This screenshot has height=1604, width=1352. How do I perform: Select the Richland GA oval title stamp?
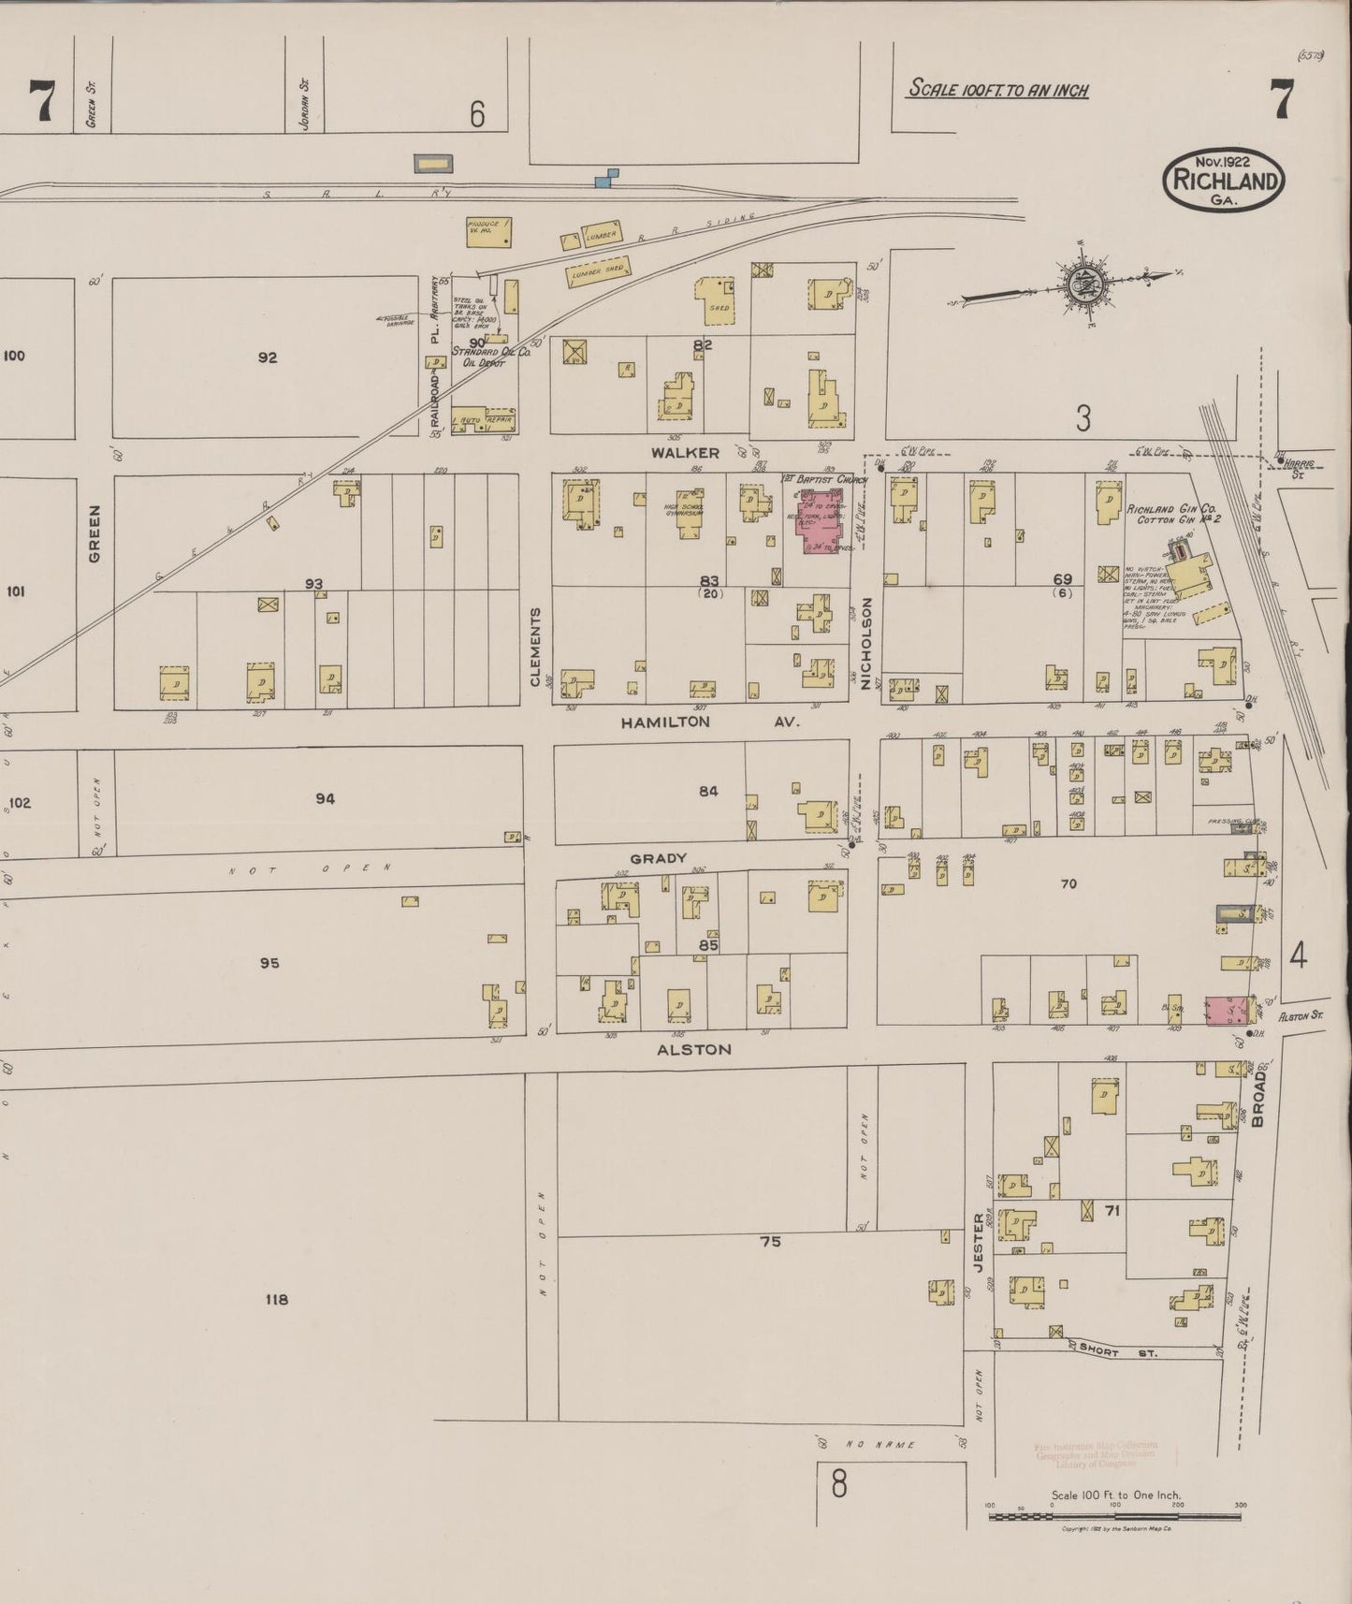click(1224, 179)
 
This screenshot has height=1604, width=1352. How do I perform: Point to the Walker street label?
click(686, 453)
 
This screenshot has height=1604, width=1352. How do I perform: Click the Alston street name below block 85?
click(693, 1049)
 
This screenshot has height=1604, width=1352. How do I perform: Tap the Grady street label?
click(658, 858)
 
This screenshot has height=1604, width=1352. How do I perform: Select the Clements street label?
click(536, 646)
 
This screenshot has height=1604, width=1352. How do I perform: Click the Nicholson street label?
click(866, 644)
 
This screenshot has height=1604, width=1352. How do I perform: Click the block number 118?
click(276, 1299)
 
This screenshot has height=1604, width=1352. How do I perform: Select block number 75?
click(770, 1242)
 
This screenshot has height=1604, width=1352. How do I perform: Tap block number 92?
click(268, 357)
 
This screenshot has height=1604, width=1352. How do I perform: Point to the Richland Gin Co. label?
click(1170, 509)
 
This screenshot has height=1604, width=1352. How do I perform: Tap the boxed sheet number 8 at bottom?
click(838, 1484)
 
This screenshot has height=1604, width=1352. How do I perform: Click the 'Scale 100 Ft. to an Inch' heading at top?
click(998, 90)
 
